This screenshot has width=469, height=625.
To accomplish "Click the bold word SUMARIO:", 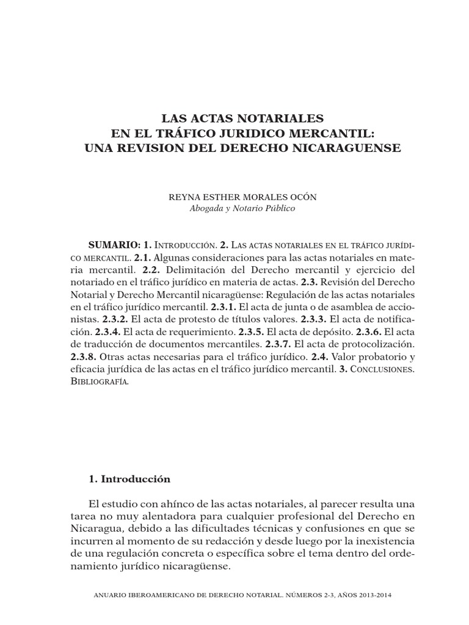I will [x=114, y=244].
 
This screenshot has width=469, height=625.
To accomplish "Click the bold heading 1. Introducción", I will [x=129, y=479].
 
